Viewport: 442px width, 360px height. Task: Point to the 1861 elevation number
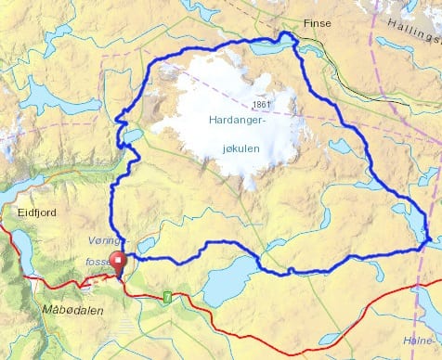pyautogui.click(x=262, y=105)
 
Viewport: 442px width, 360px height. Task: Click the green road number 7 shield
pyautogui.click(x=167, y=297)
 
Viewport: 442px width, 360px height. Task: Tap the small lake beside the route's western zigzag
pyautogui.click(x=134, y=136)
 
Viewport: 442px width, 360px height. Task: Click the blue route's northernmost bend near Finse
pyautogui.click(x=288, y=35)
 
